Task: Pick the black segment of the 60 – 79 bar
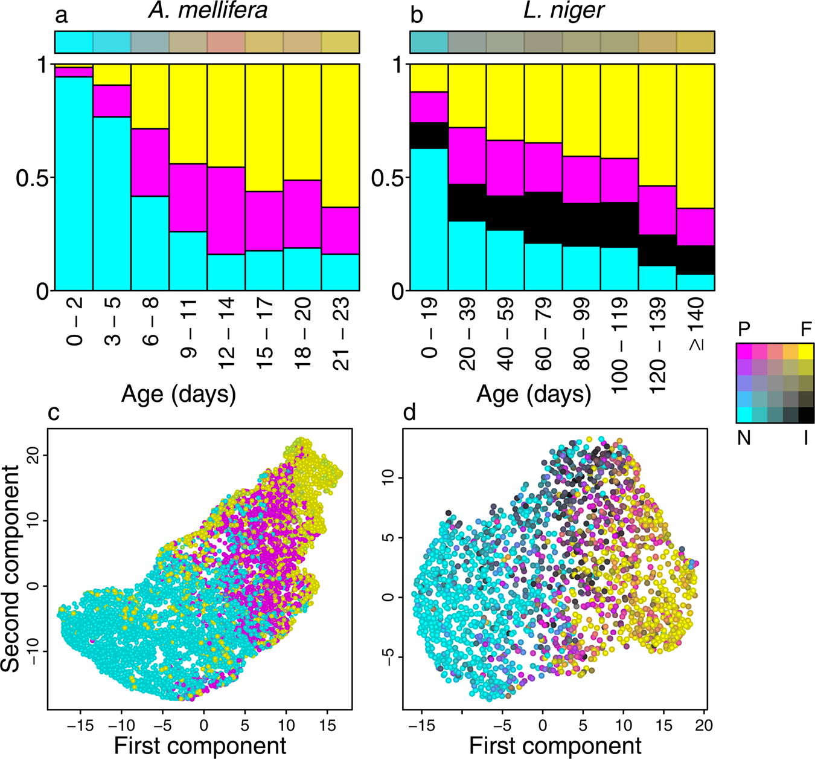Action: (543, 218)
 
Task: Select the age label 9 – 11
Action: (188, 329)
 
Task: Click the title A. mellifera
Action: (207, 11)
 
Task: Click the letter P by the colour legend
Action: (744, 329)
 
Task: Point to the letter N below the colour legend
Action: (744, 437)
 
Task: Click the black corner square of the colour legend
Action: (806, 415)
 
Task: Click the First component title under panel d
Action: (555, 746)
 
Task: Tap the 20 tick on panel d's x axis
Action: (703, 725)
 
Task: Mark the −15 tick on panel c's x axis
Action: (80, 725)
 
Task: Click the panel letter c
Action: (54, 413)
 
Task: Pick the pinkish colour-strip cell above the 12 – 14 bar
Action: (226, 42)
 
